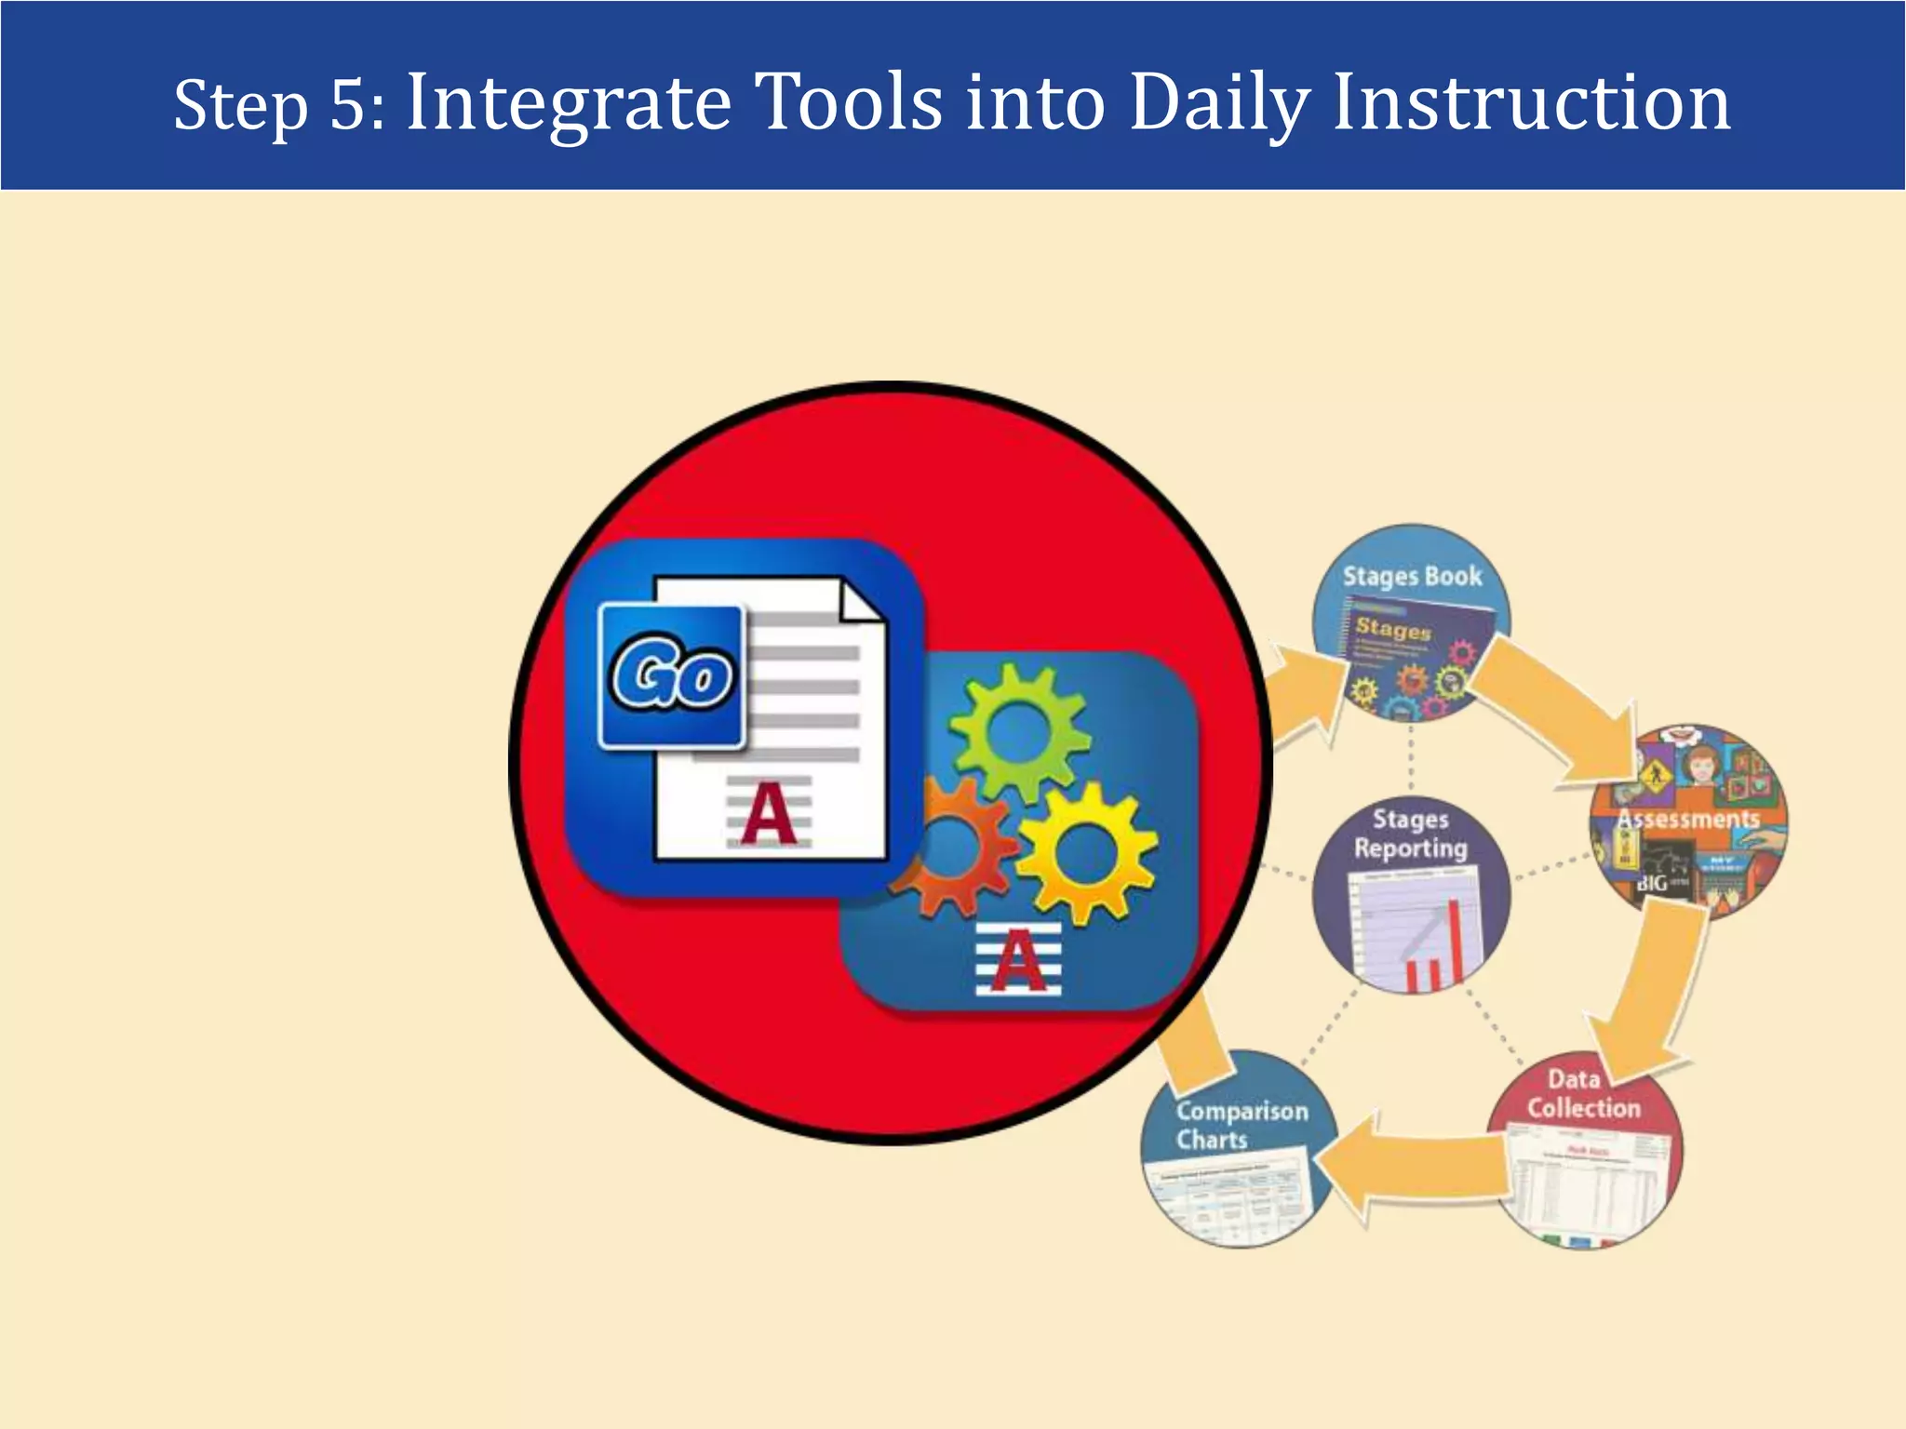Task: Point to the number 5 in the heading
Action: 350,104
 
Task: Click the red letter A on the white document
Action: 769,814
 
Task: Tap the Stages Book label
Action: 1412,577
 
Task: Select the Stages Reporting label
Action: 1410,834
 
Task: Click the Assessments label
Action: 1688,820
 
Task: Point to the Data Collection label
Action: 1583,1094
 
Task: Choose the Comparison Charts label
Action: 1242,1125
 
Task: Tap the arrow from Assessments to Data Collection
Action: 1652,995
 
